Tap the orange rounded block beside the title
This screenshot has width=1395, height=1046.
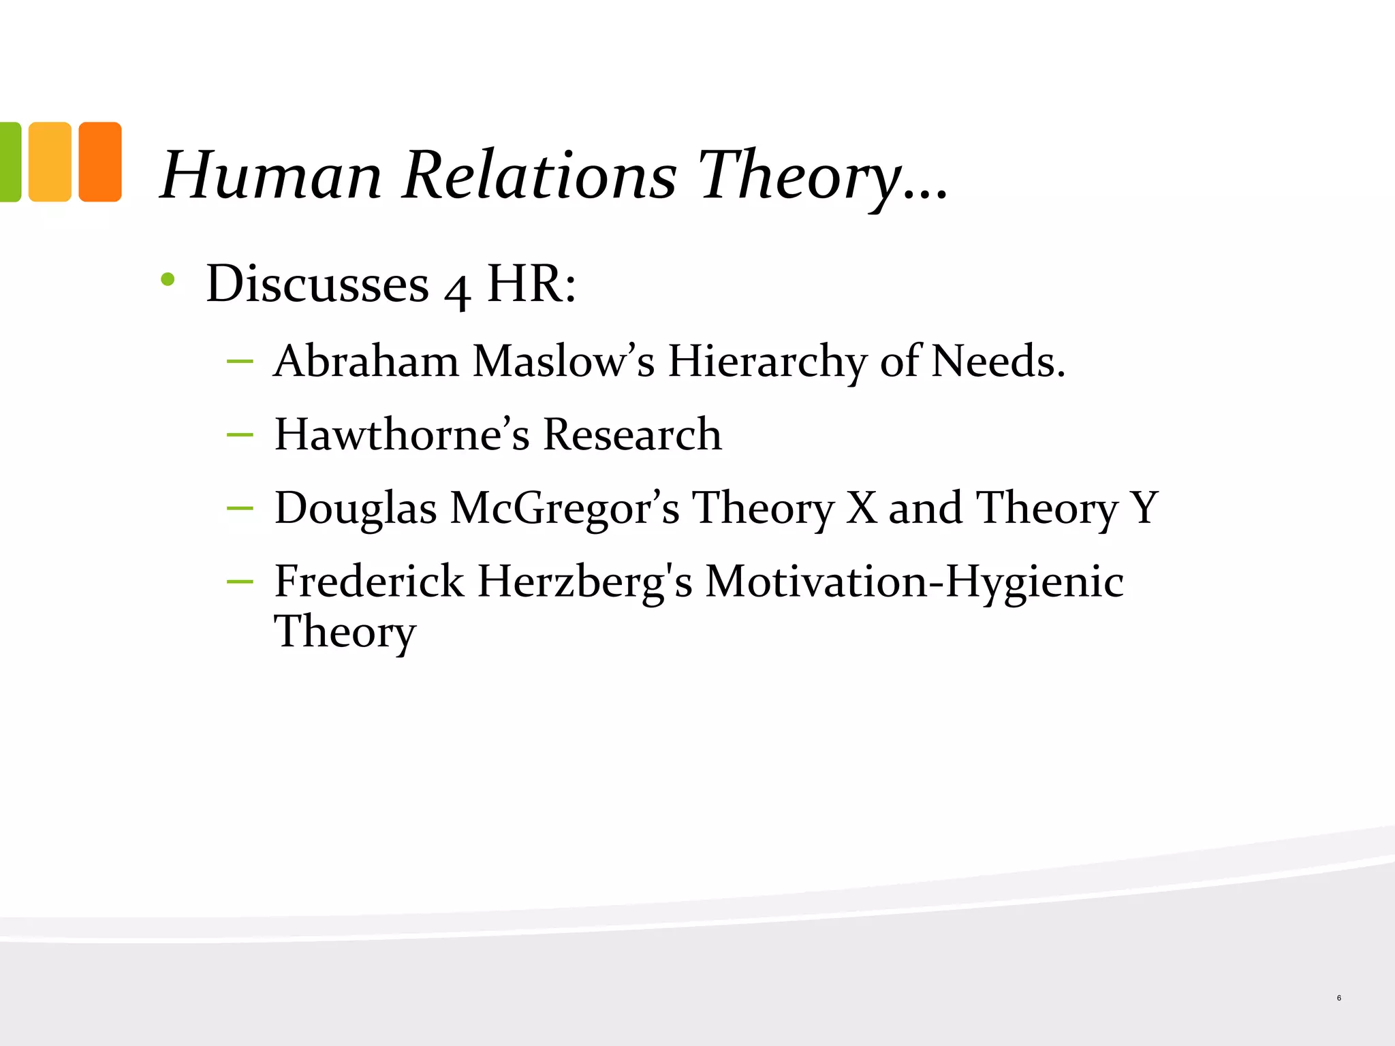coord(100,162)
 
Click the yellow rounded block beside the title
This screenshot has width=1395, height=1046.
coord(50,162)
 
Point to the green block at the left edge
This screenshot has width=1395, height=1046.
coord(10,162)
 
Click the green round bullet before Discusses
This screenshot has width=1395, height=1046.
coord(168,279)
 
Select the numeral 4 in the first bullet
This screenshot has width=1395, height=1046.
coord(457,289)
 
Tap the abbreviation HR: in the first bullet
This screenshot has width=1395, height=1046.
coord(531,283)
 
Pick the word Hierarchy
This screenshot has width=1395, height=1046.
coord(766,362)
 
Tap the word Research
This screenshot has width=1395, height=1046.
coord(632,434)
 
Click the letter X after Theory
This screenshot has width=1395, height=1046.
coord(862,508)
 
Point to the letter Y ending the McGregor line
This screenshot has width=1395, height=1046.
coord(1144,508)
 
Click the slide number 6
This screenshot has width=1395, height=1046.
coord(1338,998)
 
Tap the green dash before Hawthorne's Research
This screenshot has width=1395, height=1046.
coord(240,434)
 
